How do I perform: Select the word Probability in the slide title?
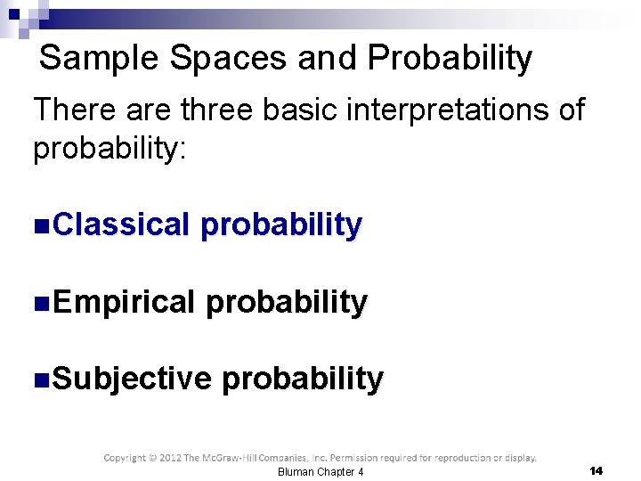click(x=450, y=59)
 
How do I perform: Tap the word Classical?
click(x=121, y=225)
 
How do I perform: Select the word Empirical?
click(x=123, y=303)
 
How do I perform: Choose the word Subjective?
click(x=132, y=379)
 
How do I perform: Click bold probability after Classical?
click(x=281, y=226)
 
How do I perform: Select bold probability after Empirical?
click(x=286, y=304)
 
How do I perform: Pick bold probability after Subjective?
click(x=303, y=380)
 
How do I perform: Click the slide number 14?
click(x=596, y=469)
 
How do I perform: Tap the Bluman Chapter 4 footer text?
click(x=320, y=471)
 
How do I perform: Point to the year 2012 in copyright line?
click(x=167, y=458)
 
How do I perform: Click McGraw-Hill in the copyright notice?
click(x=236, y=458)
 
